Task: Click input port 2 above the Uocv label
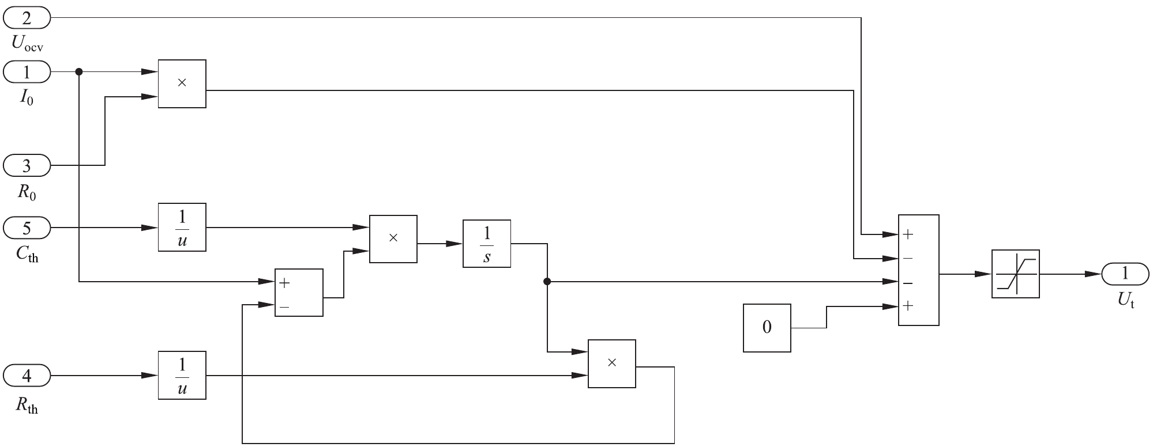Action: click(x=27, y=19)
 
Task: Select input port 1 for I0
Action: click(x=27, y=73)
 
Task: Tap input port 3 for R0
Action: click(x=27, y=166)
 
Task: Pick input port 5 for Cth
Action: click(x=27, y=228)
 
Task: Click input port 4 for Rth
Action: click(x=27, y=376)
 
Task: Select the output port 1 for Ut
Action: click(x=1125, y=274)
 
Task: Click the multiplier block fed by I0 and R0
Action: click(x=182, y=84)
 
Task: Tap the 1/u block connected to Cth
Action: click(x=182, y=227)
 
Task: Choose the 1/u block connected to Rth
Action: click(x=182, y=375)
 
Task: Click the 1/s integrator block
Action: click(x=486, y=243)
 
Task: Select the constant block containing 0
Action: click(x=767, y=328)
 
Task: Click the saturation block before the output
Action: click(x=1015, y=274)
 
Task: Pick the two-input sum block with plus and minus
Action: click(x=299, y=292)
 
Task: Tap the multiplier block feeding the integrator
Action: click(x=393, y=238)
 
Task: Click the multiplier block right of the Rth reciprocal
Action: click(x=611, y=363)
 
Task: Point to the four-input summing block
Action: click(x=918, y=270)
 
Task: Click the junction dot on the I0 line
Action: click(x=79, y=72)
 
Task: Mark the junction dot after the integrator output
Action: click(x=547, y=282)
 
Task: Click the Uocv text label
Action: click(x=27, y=43)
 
